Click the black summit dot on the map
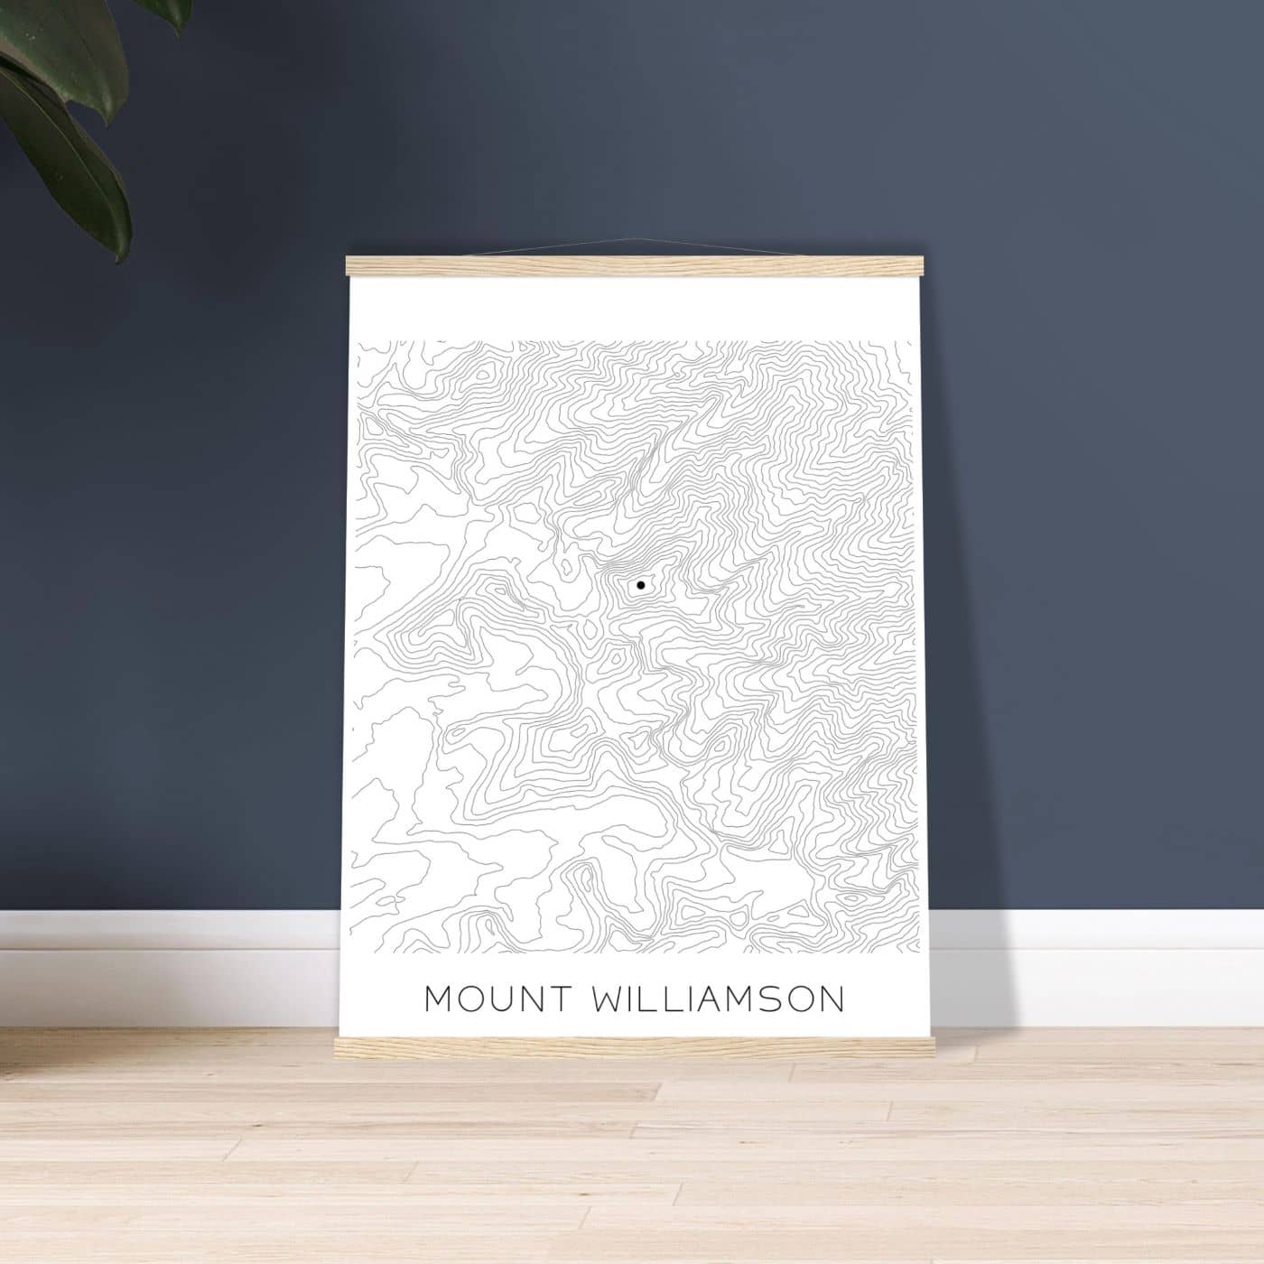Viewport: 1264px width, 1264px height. pyautogui.click(x=640, y=585)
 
